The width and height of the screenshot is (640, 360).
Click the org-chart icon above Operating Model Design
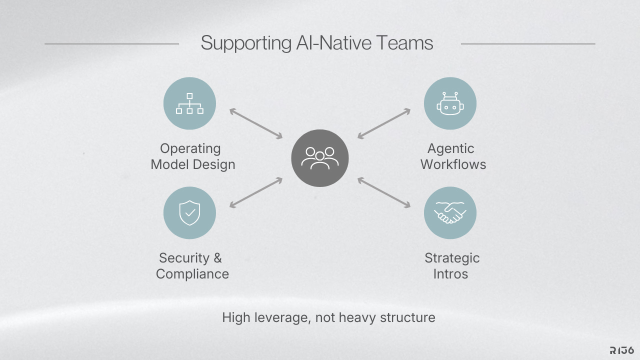[189, 103]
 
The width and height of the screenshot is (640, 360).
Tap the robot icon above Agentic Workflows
[450, 103]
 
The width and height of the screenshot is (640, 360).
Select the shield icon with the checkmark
[189, 213]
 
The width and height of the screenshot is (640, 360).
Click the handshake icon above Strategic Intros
[450, 213]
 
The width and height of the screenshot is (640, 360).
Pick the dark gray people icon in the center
[320, 158]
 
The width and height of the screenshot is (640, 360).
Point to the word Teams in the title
[405, 43]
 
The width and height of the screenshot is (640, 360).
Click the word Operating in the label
[190, 148]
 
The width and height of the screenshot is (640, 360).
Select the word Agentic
[450, 148]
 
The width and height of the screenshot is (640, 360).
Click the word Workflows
[453, 164]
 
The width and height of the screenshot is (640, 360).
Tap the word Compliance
[192, 274]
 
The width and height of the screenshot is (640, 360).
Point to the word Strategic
[452, 258]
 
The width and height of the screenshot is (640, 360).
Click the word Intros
[450, 274]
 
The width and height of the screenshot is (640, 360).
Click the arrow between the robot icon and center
[384, 123]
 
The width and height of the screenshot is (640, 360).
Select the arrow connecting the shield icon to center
[256, 192]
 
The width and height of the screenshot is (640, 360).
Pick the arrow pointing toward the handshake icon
[384, 192]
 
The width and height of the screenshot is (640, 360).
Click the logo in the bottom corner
[622, 350]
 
